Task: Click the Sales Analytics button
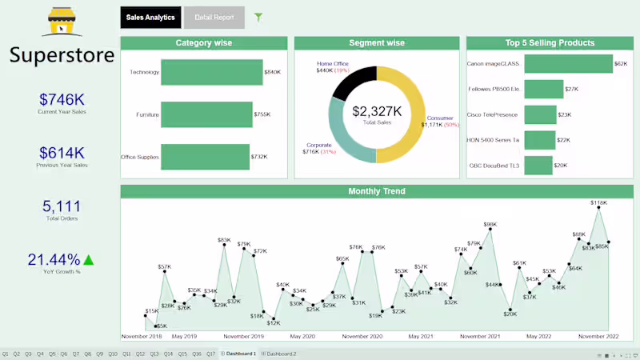click(150, 18)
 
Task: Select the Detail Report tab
click(214, 18)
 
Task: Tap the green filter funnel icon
click(258, 17)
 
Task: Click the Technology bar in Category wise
click(212, 72)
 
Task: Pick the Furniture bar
click(206, 114)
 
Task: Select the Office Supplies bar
click(205, 157)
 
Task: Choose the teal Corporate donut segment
click(342, 144)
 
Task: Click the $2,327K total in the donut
click(376, 111)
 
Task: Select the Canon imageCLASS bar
click(567, 63)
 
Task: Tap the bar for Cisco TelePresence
click(540, 115)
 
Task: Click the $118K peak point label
click(598, 203)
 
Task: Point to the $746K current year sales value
click(62, 99)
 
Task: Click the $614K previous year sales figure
click(62, 153)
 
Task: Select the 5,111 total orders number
click(62, 206)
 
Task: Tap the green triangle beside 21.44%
click(89, 259)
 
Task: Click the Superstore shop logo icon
click(62, 22)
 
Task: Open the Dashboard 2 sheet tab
click(281, 354)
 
